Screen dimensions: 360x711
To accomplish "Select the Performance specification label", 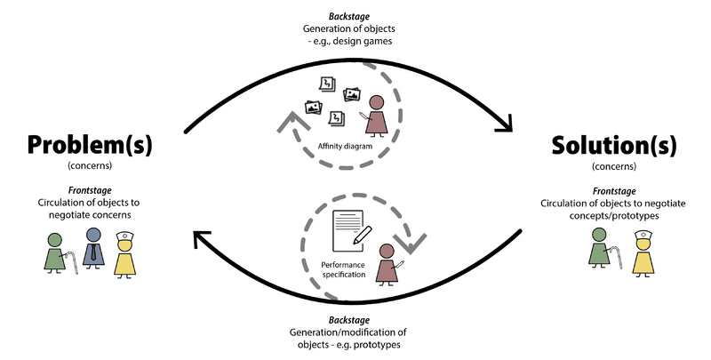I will tap(343, 270).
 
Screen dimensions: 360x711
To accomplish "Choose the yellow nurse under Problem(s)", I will tap(124, 252).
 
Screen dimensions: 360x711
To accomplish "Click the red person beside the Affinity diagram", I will tap(377, 115).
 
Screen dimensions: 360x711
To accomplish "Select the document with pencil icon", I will tap(350, 230).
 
